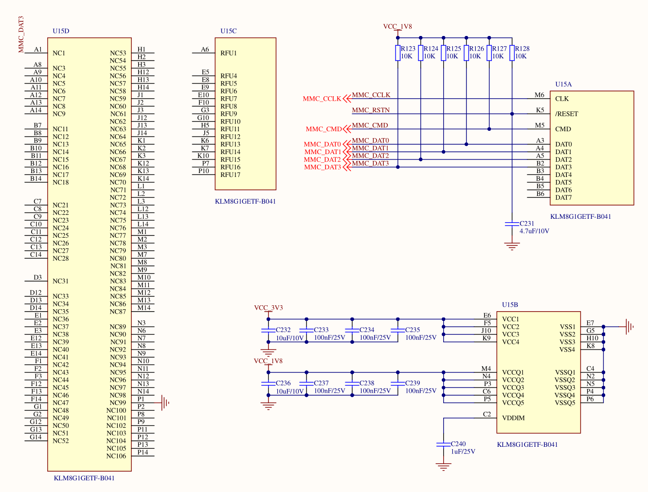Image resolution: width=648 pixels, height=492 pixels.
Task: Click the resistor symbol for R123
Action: [397, 53]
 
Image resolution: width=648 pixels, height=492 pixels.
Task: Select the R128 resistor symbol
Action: [512, 53]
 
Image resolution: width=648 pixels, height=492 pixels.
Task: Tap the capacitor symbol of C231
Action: [512, 224]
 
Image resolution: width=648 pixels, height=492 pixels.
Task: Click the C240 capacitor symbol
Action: [443, 444]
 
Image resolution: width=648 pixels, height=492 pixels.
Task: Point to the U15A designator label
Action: [563, 85]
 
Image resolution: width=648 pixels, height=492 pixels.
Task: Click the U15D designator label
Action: [61, 31]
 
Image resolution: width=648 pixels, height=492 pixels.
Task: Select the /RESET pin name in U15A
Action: [566, 114]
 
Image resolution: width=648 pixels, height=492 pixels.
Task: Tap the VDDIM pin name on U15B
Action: [513, 418]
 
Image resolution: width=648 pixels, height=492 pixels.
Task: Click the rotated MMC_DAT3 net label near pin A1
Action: [20, 35]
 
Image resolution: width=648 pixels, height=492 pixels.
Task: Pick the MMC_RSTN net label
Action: [371, 110]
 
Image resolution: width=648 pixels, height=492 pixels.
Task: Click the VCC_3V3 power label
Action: [269, 308]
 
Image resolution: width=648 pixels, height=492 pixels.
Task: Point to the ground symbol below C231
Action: [512, 246]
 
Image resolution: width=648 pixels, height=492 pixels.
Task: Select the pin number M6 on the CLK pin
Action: [540, 95]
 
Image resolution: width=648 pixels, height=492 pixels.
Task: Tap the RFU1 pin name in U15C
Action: [229, 53]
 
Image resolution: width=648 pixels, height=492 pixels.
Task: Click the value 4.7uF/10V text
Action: [534, 231]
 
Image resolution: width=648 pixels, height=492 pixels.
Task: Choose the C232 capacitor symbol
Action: [269, 331]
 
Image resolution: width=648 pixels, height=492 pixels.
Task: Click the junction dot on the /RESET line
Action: [512, 114]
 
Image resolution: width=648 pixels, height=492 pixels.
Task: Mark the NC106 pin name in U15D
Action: [116, 456]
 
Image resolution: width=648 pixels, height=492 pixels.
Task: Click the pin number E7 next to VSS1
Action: [590, 323]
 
